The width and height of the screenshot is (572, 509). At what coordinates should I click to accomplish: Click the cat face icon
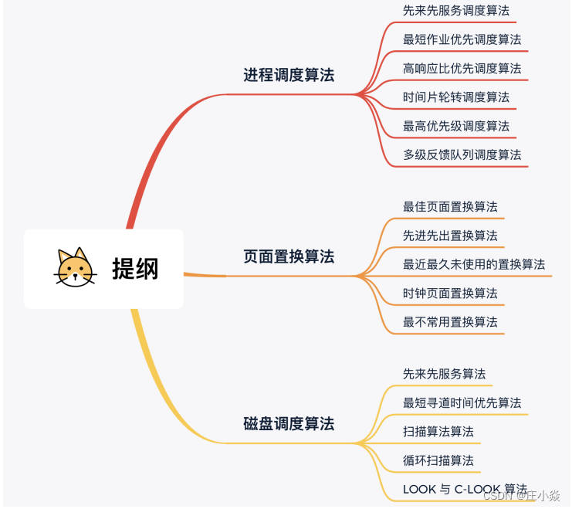coord(76,267)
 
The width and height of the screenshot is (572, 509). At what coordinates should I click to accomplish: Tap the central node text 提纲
coord(135,269)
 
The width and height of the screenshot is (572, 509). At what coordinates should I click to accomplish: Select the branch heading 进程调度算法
coord(289,75)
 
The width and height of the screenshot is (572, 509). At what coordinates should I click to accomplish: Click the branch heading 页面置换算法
coord(289,256)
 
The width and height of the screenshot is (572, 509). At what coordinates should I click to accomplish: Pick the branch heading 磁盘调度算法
coord(289,423)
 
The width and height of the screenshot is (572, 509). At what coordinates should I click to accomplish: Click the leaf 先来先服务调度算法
coord(456,11)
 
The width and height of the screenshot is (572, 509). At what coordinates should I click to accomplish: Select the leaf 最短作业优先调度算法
coord(462,39)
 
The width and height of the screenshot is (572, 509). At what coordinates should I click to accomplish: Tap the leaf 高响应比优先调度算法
coord(462,68)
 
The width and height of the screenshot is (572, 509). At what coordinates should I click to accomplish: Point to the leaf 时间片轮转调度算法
coord(456,97)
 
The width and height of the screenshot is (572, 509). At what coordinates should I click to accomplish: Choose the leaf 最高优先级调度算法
coord(456,126)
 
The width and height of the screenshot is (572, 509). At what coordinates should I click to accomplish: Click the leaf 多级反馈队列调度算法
coord(462,154)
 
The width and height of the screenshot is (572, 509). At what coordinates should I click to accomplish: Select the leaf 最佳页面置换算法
coord(450,206)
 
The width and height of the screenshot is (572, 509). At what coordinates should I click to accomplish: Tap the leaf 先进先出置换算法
coord(450,236)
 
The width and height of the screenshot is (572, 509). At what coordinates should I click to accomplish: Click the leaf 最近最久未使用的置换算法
coord(474,264)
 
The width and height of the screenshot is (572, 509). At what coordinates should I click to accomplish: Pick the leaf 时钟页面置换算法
coord(450,293)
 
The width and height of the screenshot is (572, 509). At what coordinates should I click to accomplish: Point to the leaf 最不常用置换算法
coord(450,321)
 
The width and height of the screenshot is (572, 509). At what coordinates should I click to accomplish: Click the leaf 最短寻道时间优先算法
coord(462,402)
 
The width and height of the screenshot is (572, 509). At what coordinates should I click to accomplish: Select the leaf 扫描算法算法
coord(438,431)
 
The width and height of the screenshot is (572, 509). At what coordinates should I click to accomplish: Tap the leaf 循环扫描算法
coord(438,460)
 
